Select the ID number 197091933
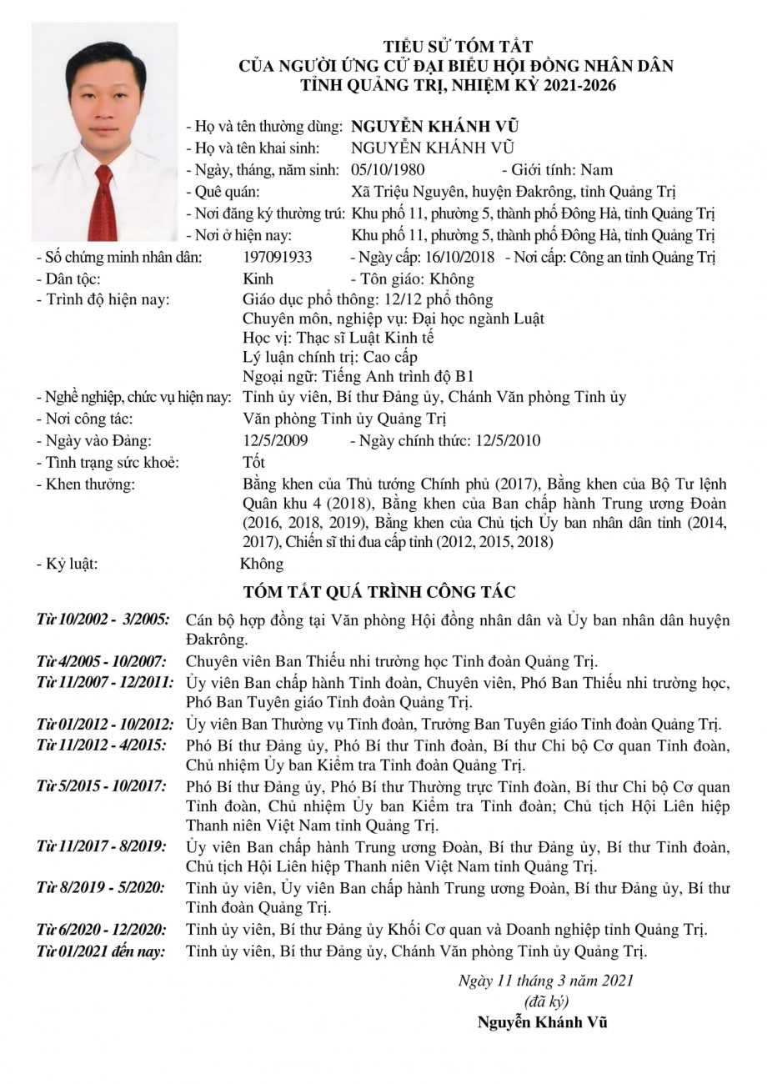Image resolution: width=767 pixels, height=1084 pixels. [x=278, y=257]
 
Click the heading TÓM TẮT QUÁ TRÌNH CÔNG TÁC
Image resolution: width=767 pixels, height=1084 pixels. [x=379, y=593]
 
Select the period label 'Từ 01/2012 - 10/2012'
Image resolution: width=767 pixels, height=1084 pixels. [x=105, y=723]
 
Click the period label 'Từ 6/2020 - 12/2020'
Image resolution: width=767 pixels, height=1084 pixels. [x=101, y=928]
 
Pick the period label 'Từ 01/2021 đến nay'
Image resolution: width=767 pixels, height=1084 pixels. [x=101, y=950]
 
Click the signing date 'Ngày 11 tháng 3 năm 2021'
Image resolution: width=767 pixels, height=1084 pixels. [x=545, y=980]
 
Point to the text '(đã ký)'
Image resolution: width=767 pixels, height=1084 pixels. [x=545, y=1001]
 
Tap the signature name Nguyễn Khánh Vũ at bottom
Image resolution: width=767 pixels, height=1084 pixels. [x=542, y=1022]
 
